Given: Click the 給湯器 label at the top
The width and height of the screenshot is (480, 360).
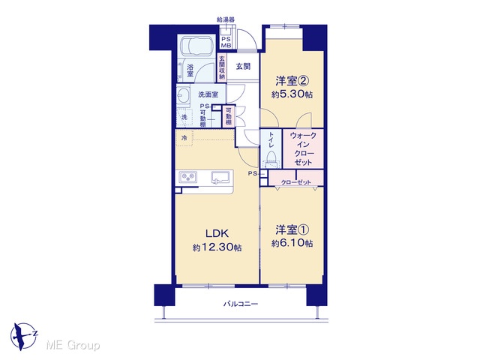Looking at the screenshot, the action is coord(226,19).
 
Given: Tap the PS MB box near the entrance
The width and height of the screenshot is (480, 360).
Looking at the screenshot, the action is coord(226,42).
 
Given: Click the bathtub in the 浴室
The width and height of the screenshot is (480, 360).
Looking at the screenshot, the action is coord(196,46).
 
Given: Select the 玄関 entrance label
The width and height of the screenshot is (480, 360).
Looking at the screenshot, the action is coord(243,66).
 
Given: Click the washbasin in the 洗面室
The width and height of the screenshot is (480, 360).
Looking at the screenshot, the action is coord(183,95).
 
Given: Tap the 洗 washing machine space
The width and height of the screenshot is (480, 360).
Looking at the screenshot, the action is coord(184,117).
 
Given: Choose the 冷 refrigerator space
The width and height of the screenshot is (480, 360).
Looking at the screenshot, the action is coord(184,138).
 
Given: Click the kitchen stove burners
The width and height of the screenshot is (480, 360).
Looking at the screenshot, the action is coord(188,177).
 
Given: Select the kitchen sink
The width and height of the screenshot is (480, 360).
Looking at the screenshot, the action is coord(220,178).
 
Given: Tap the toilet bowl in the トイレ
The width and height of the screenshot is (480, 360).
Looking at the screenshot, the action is coord(271,159).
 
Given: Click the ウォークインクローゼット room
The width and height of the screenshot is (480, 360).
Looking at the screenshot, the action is coord(303,148).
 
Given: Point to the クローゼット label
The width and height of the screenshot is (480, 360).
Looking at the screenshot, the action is coord(295,182).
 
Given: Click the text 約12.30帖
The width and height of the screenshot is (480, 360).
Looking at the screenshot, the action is coord(217,247).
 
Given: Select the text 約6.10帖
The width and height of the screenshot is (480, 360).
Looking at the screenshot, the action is coord(292,243).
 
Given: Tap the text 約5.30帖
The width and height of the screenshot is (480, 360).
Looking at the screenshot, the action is coord(292,94).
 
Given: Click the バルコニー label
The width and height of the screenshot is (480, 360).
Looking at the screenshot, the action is coord(241,304).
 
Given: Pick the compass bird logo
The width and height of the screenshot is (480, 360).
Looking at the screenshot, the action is coord(23,336).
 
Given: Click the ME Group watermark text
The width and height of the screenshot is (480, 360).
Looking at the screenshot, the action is coord(73,345).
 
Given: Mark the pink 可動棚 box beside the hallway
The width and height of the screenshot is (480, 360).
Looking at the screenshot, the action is coord(229,116).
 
